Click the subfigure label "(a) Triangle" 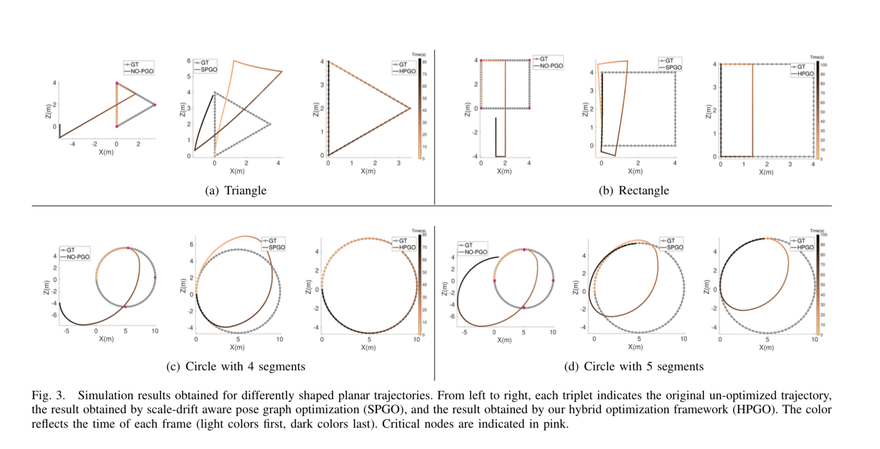[236, 190]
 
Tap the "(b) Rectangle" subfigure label [634, 190]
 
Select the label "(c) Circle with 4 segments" [236, 366]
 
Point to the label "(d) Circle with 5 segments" [634, 366]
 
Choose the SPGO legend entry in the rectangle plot [673, 68]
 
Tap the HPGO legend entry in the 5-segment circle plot [805, 247]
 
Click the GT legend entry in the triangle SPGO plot [205, 63]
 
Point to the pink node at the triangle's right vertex [155, 105]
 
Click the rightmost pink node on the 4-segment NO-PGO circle [155, 278]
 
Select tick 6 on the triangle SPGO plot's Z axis [189, 61]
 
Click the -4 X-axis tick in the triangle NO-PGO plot [72, 144]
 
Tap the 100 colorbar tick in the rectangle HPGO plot [823, 65]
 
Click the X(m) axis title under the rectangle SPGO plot [635, 171]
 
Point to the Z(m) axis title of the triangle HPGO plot [315, 110]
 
